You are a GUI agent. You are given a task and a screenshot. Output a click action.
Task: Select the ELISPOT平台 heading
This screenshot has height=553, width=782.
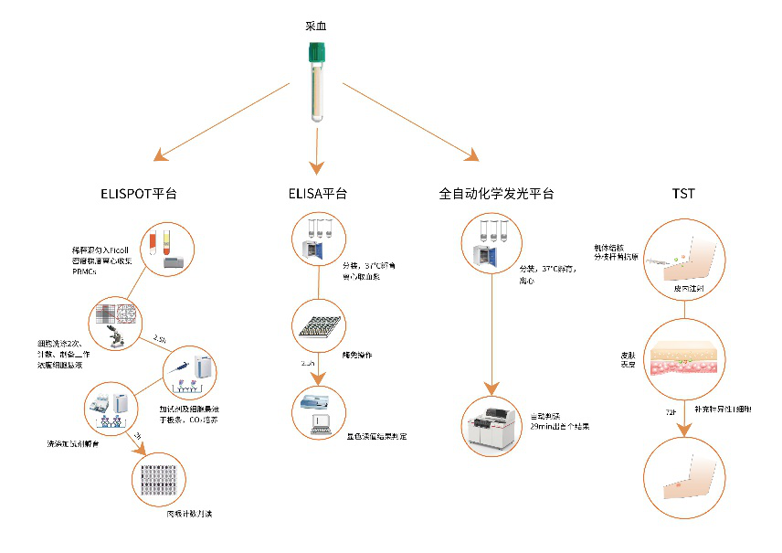click(x=138, y=194)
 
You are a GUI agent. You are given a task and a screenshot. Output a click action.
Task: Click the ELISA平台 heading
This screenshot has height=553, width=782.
click(x=315, y=194)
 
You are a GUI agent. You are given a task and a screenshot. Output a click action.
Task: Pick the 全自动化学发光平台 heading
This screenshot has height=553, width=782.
click(x=496, y=194)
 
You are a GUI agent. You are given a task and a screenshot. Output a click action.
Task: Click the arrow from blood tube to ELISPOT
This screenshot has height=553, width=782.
click(x=219, y=120)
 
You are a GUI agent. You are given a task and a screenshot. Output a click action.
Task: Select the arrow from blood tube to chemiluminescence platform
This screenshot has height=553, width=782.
click(x=411, y=120)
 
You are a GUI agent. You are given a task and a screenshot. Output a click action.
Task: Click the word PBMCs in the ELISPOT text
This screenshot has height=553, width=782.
click(x=85, y=271)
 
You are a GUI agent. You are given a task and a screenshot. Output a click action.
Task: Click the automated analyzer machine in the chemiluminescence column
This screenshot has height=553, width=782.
click(x=496, y=426)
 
